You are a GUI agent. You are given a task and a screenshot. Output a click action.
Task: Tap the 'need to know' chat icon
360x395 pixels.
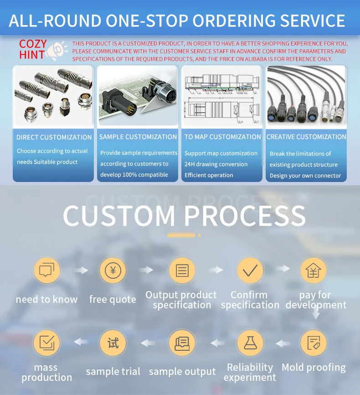tap(47, 270)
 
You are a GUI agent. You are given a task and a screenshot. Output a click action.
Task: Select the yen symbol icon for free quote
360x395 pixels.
tap(113, 270)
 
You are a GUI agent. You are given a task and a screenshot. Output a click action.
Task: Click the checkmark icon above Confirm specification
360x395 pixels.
tap(250, 270)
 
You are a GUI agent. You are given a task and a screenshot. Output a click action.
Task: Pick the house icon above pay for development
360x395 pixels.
tap(314, 270)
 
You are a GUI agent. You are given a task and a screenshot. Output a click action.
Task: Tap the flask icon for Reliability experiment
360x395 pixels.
tap(250, 343)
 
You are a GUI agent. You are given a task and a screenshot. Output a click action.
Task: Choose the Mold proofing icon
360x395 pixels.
tap(314, 343)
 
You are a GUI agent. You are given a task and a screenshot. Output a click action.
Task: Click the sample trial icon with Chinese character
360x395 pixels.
tap(113, 343)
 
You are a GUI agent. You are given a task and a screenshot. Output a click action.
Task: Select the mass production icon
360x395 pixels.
tap(47, 343)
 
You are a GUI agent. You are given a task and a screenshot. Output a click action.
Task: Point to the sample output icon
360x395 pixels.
tap(182, 343)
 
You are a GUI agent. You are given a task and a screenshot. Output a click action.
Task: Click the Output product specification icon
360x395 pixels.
tap(182, 270)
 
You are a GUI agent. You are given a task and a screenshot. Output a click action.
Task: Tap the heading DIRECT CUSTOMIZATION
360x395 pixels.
tap(54, 137)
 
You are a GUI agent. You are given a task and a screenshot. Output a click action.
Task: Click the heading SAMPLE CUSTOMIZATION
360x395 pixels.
tap(138, 137)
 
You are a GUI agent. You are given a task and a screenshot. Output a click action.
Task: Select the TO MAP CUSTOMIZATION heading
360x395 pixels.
tap(222, 137)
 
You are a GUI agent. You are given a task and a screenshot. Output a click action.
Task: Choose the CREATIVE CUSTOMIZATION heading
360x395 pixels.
tap(306, 137)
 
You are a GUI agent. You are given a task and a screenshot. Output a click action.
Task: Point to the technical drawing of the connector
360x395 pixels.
tap(222, 97)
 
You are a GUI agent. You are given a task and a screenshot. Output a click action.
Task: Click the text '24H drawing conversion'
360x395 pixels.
tap(216, 164)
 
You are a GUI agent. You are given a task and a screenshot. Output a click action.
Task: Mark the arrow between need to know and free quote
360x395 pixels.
tap(81, 270)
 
